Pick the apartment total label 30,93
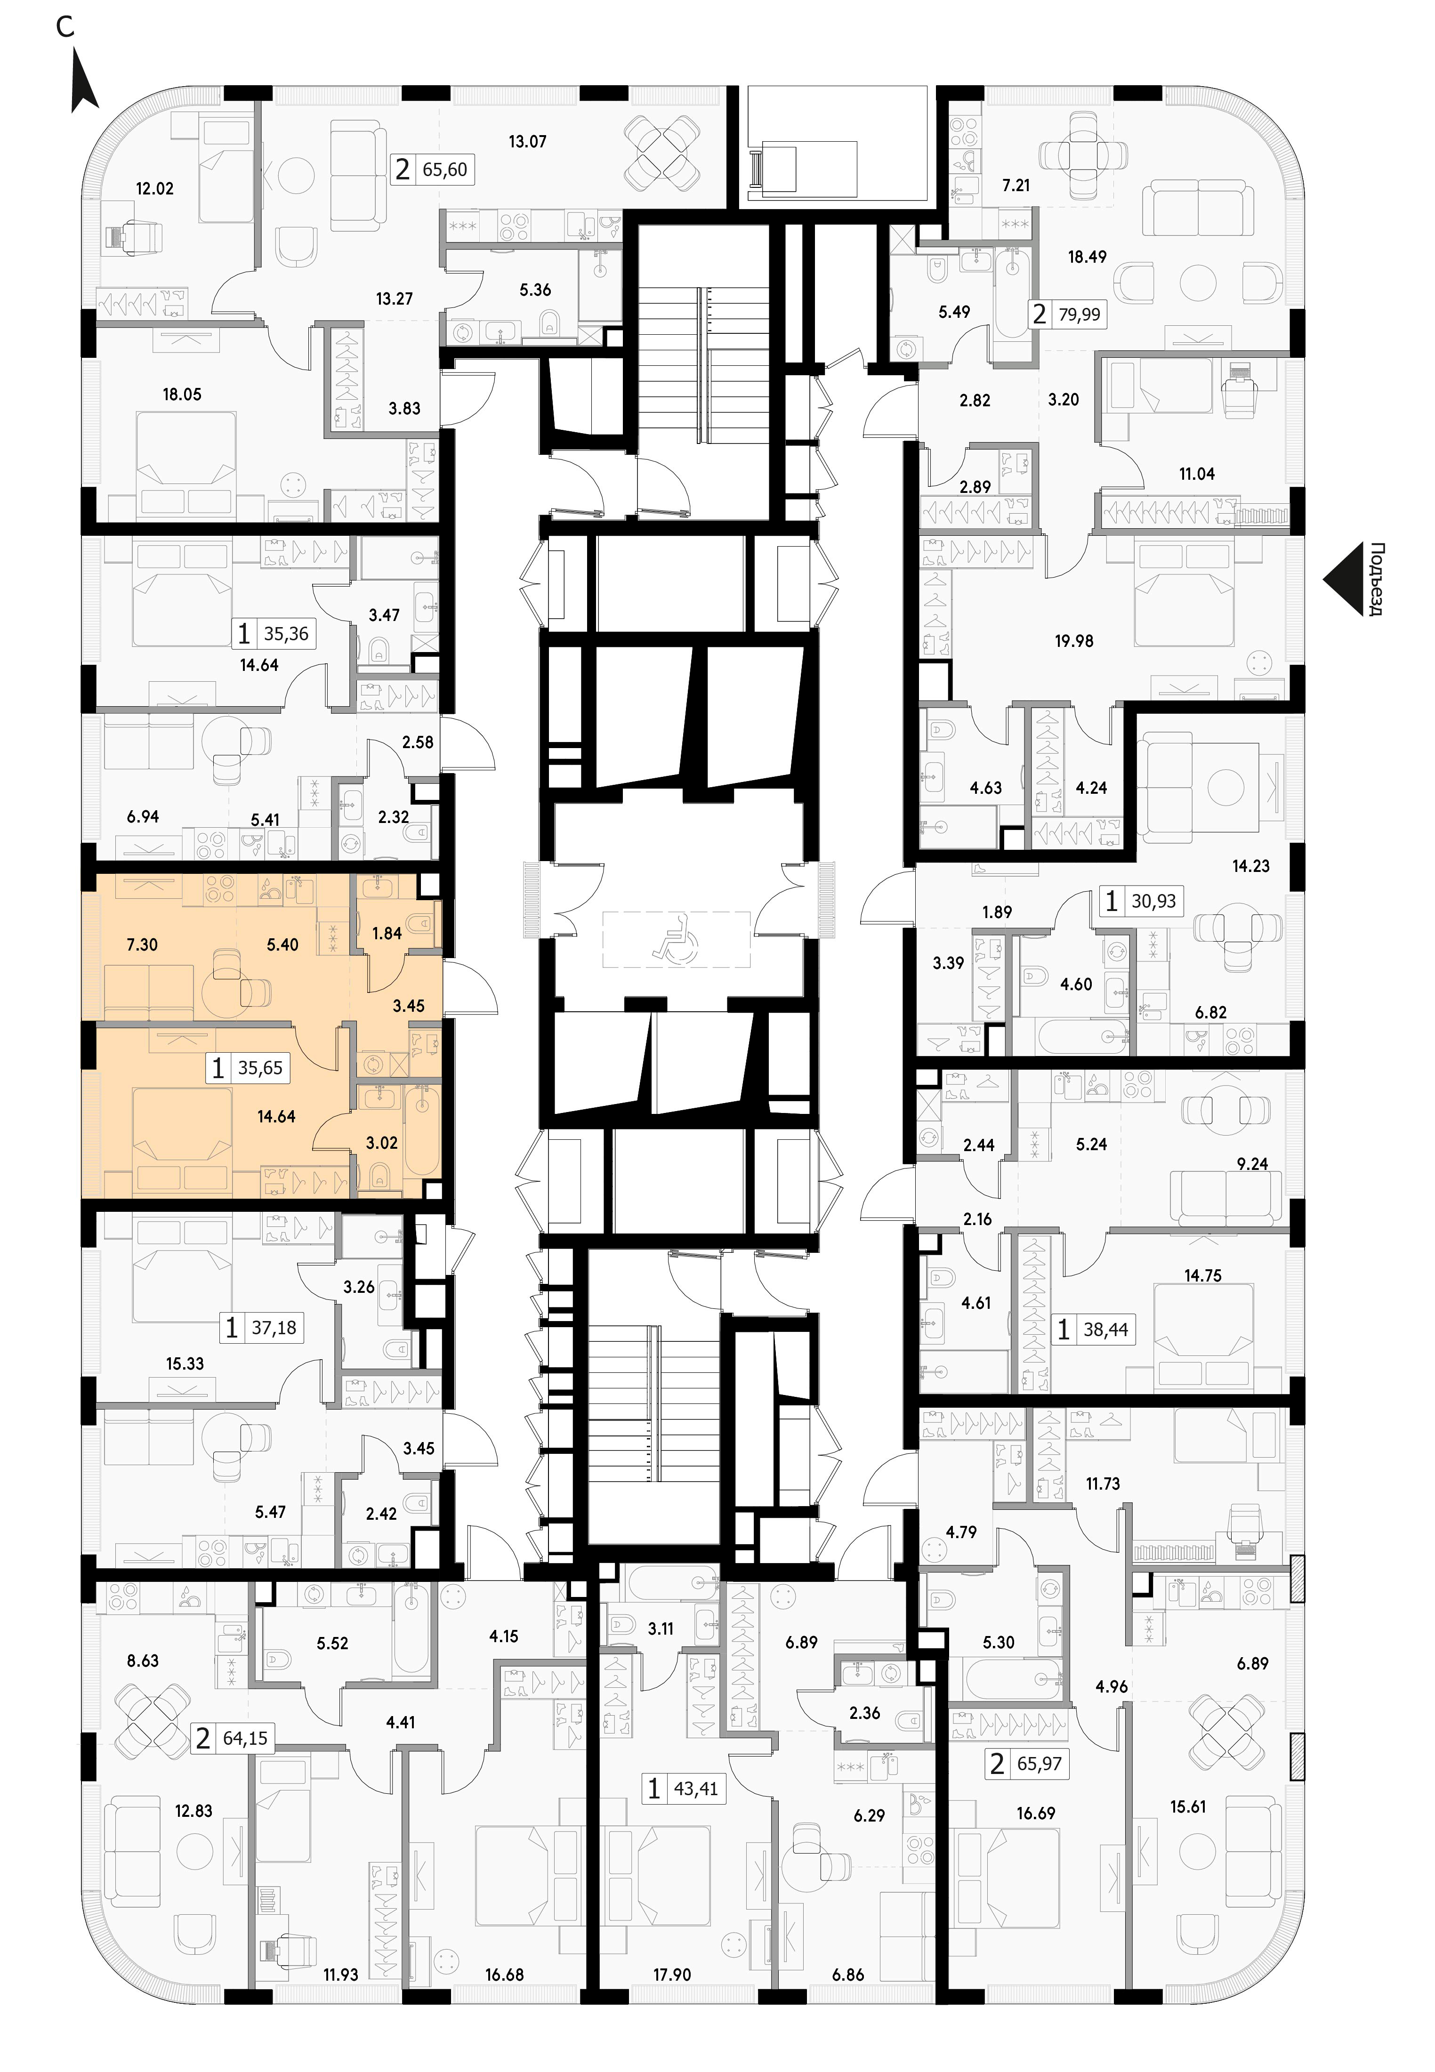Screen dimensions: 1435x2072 pyautogui.click(x=1153, y=901)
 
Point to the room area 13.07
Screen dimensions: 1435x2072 pyautogui.click(x=527, y=141)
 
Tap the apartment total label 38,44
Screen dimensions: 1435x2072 pyautogui.click(x=1106, y=1330)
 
